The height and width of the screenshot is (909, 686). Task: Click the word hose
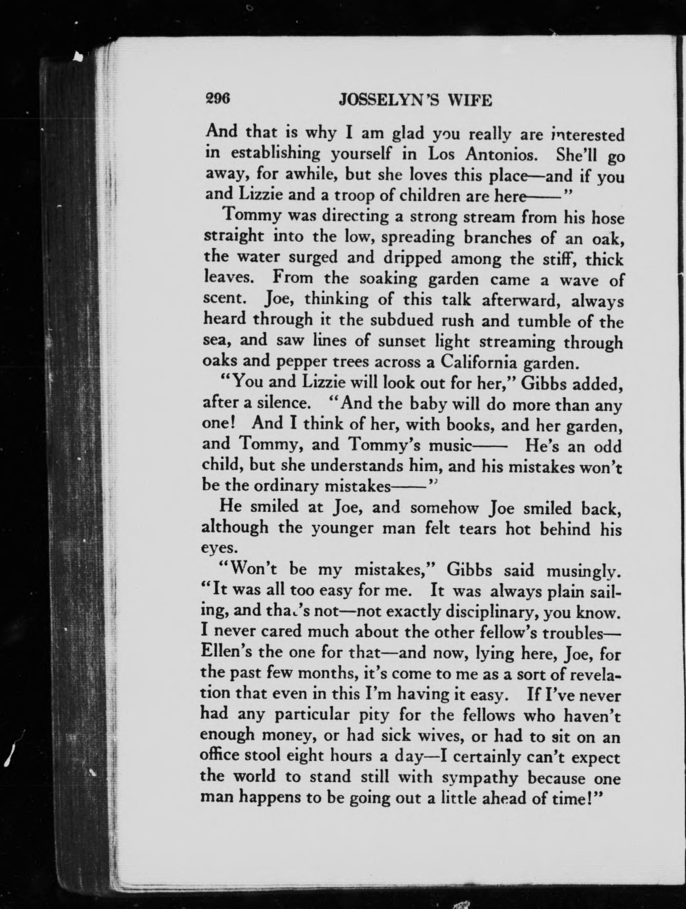point(607,218)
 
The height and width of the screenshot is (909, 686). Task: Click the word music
point(449,445)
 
